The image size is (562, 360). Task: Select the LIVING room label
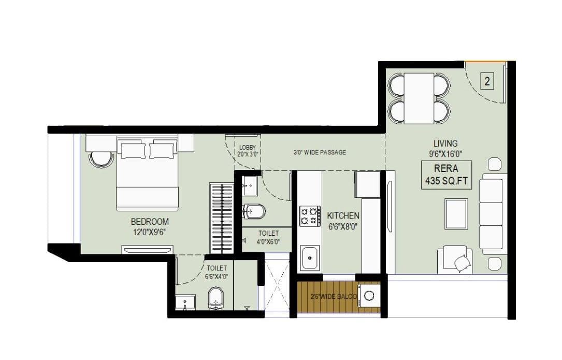[445, 143]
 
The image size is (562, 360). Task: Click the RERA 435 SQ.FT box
[446, 175]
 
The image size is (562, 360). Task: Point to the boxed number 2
[487, 81]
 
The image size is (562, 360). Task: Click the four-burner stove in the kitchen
[310, 215]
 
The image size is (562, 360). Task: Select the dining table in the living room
[419, 98]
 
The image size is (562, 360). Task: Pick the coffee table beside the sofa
[456, 213]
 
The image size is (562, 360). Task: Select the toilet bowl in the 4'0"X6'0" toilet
[255, 211]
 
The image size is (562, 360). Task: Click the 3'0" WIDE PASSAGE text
[320, 152]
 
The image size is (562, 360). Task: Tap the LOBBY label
[248, 148]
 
